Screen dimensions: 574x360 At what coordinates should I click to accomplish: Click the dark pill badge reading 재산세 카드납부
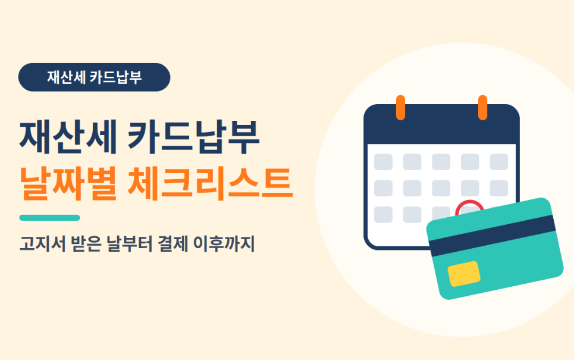coord(94,77)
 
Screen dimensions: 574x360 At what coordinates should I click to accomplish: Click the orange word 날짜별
coord(68,183)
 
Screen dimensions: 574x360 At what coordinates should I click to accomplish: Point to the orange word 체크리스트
coord(210,183)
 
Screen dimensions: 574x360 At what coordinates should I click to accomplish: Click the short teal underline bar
coord(50,218)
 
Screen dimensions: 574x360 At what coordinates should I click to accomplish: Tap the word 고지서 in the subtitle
coord(42,244)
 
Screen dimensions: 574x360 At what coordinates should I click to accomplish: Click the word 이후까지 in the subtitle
coord(224,244)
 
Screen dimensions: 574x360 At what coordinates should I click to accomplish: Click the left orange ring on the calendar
coord(400,108)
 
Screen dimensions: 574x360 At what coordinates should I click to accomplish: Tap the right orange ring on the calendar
coord(482,108)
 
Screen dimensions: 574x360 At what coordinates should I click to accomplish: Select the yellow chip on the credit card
coord(464,274)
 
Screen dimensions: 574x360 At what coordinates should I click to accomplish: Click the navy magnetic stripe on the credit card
coord(493,236)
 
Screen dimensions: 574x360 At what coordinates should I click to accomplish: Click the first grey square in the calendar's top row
coord(383,162)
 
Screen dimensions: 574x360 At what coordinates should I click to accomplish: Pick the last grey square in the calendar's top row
coord(499,162)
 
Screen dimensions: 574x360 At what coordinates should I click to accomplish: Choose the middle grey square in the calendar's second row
coord(441,188)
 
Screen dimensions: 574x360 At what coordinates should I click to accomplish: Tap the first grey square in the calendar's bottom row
coord(383,215)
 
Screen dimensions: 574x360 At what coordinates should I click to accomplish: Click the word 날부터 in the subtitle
coord(130,244)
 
